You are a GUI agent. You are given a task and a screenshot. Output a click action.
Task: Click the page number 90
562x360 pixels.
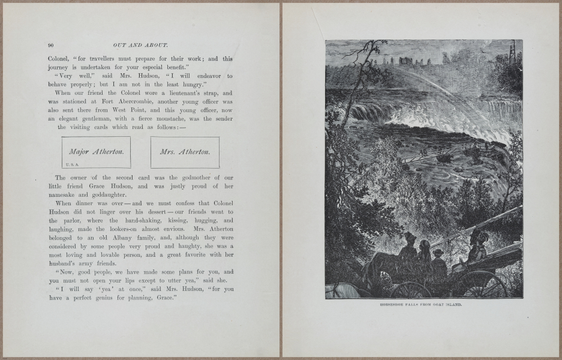[51, 45]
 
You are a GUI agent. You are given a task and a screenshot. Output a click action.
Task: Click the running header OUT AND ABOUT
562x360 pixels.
[140, 45]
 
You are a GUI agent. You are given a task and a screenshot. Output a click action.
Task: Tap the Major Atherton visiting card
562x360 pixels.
[96, 152]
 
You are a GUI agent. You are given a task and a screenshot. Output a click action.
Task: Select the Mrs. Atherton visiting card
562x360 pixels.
[185, 152]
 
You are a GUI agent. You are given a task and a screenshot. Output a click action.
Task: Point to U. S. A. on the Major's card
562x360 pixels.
[71, 163]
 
